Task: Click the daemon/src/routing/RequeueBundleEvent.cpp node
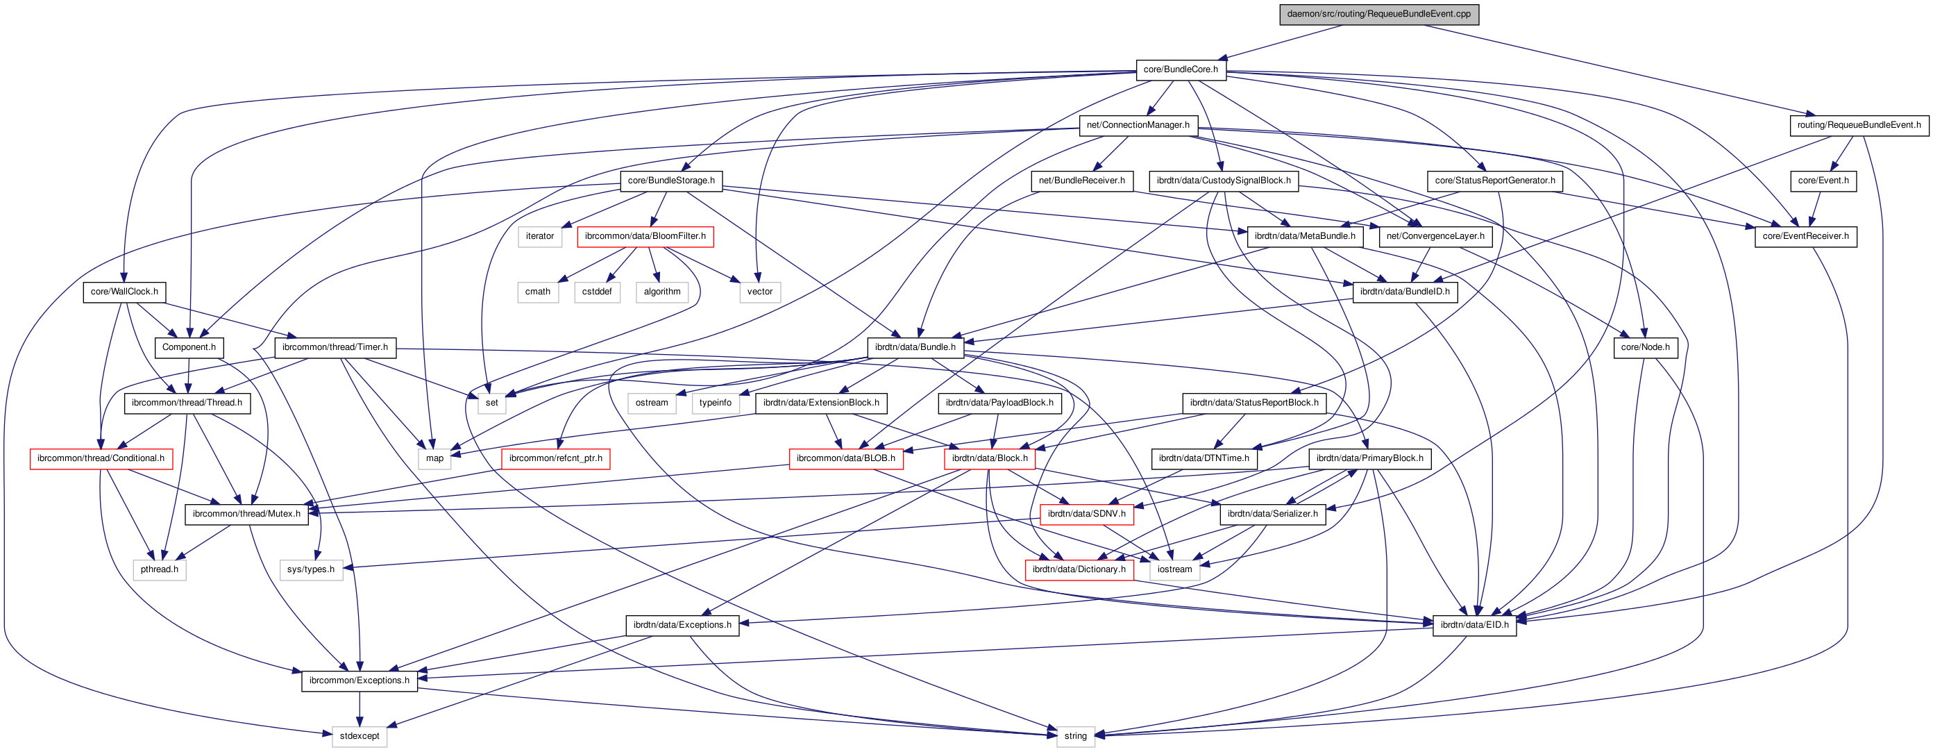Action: click(x=1378, y=15)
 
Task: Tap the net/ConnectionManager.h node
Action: click(x=1138, y=125)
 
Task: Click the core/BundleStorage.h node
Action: click(x=671, y=181)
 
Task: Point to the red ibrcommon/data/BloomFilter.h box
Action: click(x=645, y=236)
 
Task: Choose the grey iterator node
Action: click(x=539, y=236)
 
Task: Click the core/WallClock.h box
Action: click(x=124, y=292)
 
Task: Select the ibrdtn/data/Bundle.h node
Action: click(x=915, y=347)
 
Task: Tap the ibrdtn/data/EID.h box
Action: click(x=1474, y=625)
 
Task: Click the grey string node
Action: click(x=1074, y=736)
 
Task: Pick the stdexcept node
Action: click(x=360, y=736)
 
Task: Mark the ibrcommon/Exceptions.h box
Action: click(x=360, y=680)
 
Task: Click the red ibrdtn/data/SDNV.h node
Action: click(x=1086, y=514)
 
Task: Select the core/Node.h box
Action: click(x=1645, y=347)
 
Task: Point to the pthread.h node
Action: click(x=159, y=569)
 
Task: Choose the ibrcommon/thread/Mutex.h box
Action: click(x=246, y=514)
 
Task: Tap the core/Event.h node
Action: click(x=1823, y=181)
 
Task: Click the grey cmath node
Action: click(x=537, y=292)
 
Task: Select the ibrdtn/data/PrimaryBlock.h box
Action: click(x=1369, y=458)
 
